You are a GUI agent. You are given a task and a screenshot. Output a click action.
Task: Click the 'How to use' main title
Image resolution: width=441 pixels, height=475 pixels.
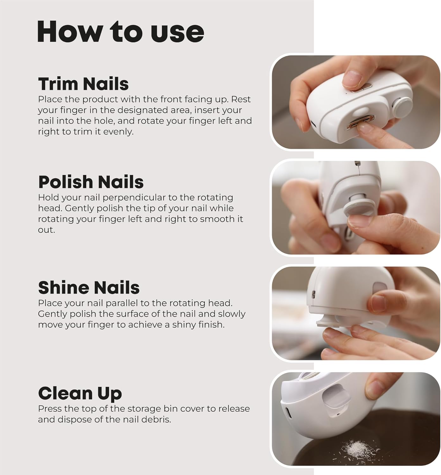click(121, 32)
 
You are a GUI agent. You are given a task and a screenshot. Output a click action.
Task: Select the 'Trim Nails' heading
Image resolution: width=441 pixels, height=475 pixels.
click(83, 84)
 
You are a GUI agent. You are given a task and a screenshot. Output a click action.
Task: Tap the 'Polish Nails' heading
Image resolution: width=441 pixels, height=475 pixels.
click(91, 182)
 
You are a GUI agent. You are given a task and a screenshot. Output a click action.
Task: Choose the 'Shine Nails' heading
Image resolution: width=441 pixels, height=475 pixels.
click(89, 288)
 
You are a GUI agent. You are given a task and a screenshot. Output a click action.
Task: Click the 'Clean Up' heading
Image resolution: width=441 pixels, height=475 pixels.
click(80, 393)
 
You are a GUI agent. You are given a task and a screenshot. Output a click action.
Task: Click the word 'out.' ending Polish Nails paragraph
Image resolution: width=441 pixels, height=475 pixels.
click(46, 230)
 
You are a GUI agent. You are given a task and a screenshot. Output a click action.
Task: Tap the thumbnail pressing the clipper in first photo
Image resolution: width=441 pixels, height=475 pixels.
click(352, 79)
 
